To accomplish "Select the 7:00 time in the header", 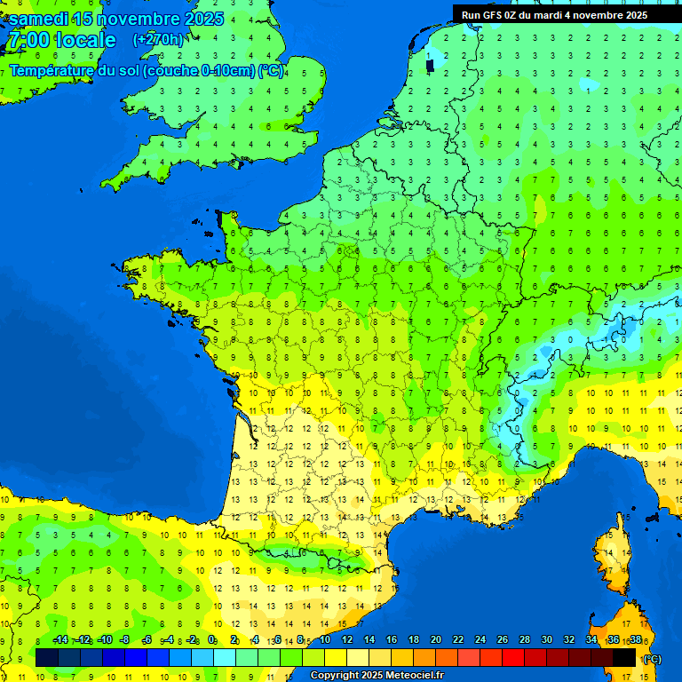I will (x=27, y=41).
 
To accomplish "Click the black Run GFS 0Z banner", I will (x=554, y=14).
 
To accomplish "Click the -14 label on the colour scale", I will (x=60, y=640).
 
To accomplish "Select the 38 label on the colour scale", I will (x=635, y=640).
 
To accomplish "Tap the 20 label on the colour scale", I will (x=435, y=640).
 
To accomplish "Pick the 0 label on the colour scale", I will (x=212, y=640).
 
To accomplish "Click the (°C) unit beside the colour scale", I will (x=653, y=659).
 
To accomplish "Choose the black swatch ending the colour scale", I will (x=624, y=658).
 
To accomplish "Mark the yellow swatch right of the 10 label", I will (x=336, y=658).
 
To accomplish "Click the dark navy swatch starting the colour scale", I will (x=47, y=658).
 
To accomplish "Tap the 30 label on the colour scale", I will (x=546, y=640).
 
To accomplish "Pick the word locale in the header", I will (x=85, y=41).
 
